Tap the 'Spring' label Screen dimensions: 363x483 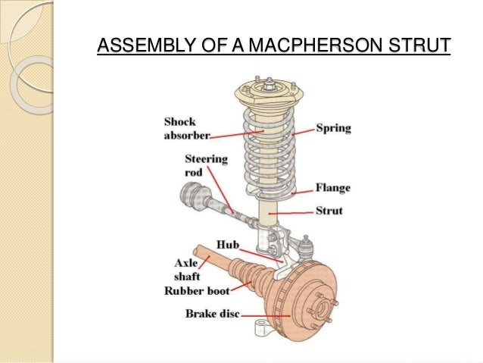[333, 128]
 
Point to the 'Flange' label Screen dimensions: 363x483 [333, 188]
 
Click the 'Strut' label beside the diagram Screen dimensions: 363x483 [329, 211]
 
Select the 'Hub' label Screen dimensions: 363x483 [227, 245]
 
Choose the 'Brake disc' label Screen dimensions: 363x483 [213, 312]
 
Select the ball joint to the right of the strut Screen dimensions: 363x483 [307, 245]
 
